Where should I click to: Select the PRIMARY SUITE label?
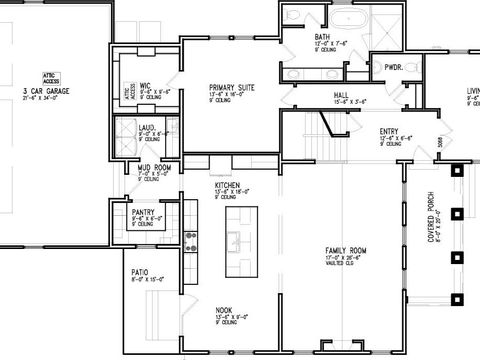coord(232,88)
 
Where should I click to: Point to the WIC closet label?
coord(143,85)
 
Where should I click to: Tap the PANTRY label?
coord(144,212)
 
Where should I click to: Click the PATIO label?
coord(139,271)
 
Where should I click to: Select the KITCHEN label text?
coord(228,186)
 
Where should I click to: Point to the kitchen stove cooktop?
coord(190,241)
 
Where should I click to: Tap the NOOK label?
coord(225,311)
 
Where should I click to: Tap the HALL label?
coord(341,97)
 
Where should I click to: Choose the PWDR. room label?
coord(393,67)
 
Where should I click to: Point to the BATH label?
coord(294,37)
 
